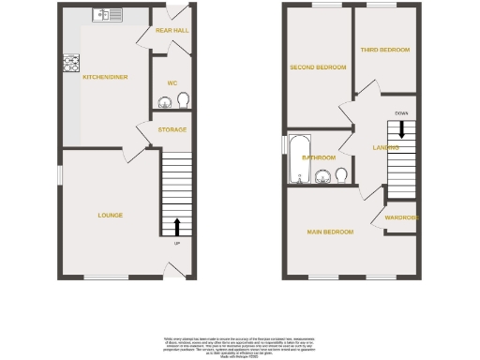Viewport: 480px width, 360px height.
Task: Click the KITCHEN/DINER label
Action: [x=104, y=77]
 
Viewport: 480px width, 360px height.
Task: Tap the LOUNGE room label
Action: [x=111, y=215]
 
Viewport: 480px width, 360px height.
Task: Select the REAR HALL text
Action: [x=172, y=31]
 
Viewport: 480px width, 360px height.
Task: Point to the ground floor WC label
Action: [x=172, y=83]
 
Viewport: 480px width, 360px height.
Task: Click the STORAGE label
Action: [x=172, y=129]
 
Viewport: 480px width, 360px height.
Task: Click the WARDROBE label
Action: [x=400, y=218]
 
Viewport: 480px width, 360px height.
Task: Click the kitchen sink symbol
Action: [x=109, y=14]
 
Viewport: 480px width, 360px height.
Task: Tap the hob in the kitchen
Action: [x=69, y=65]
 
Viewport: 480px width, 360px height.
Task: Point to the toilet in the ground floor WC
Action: [x=183, y=101]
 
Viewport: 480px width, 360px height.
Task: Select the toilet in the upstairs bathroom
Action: [x=342, y=174]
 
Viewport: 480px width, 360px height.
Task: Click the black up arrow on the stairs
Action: [x=176, y=227]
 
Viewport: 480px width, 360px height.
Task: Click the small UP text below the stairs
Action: [x=176, y=244]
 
